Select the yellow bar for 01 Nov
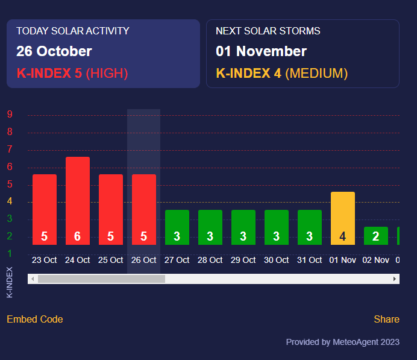(x=343, y=218)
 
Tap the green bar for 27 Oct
(x=177, y=227)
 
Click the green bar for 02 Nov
(x=376, y=235)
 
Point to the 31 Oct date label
(x=310, y=260)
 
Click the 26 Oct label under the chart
(x=144, y=260)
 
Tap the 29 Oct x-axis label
(x=243, y=260)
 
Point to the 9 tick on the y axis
(x=10, y=115)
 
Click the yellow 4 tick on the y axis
(x=10, y=201)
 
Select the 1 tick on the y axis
(x=10, y=253)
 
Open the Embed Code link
(x=35, y=319)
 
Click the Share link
(x=386, y=319)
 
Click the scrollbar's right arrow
(x=395, y=279)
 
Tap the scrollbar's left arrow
(x=33, y=279)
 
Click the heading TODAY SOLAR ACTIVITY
(x=73, y=31)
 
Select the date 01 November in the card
(x=261, y=51)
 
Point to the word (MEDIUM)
(x=316, y=74)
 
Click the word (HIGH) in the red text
(x=107, y=74)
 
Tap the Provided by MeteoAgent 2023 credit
(x=342, y=342)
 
